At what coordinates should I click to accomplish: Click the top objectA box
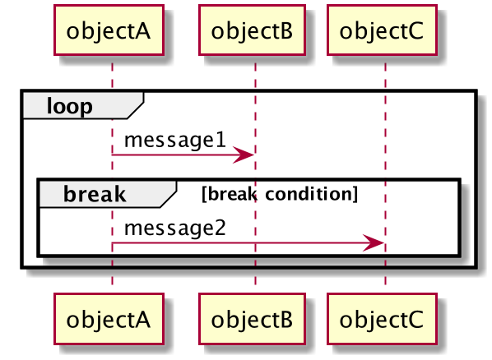[109, 30]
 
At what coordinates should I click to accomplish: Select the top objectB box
[252, 30]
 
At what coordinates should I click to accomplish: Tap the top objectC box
[382, 30]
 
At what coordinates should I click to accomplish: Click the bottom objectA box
[109, 319]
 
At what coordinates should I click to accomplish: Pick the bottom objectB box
[252, 319]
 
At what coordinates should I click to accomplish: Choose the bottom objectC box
[382, 319]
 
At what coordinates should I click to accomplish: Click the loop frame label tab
[83, 105]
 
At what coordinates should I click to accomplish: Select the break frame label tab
[108, 194]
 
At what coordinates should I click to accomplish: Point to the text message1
[175, 140]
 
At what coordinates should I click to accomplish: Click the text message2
[175, 228]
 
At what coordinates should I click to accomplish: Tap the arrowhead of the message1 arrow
[244, 155]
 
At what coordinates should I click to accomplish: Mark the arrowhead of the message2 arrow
[374, 242]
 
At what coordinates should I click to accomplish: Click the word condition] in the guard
[312, 194]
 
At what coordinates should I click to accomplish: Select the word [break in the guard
[230, 194]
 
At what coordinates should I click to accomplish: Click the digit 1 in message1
[221, 140]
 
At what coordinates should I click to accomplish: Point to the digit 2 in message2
[220, 228]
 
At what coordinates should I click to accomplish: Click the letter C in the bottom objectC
[415, 320]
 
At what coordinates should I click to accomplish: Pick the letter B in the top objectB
[285, 30]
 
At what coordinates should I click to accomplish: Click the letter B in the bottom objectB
[285, 320]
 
